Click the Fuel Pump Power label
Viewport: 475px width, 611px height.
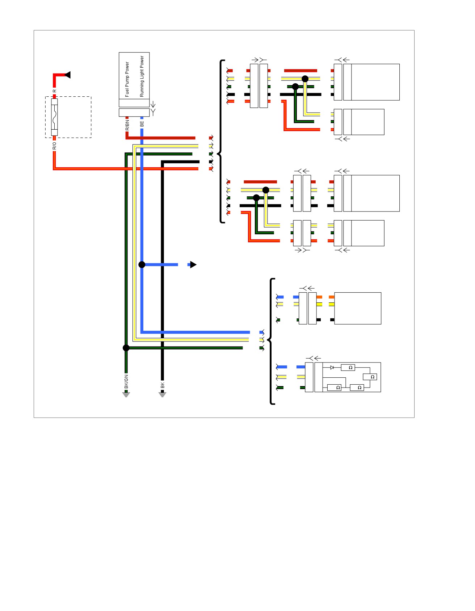[127, 79]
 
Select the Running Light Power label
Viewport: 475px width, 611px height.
[142, 76]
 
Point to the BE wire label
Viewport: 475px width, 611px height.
[142, 124]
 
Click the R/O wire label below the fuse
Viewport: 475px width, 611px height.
[54, 146]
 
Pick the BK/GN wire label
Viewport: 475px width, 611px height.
[126, 381]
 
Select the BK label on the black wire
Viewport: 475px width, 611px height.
[163, 385]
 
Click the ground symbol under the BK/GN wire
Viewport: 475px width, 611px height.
[126, 394]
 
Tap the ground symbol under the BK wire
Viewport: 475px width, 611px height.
[163, 394]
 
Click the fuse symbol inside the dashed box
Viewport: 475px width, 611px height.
[54, 117]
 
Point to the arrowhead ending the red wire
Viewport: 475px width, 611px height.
[67, 75]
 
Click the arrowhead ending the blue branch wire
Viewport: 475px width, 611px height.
[193, 265]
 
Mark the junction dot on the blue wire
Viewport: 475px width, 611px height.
[142, 265]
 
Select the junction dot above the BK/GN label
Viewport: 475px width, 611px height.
[126, 348]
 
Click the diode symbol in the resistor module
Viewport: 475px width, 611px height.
[332, 368]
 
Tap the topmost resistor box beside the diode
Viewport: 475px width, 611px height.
[348, 368]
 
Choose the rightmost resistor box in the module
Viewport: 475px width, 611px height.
[370, 377]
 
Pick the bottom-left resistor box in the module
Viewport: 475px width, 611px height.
[334, 388]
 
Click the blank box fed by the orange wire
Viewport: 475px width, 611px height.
[358, 308]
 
